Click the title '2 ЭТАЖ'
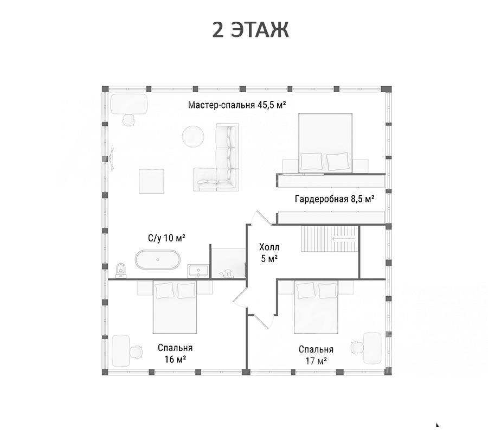tap(251, 30)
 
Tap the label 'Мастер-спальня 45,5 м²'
tap(237, 105)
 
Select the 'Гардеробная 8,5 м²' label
tap(335, 199)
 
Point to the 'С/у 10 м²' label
tap(167, 238)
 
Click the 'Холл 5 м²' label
tap(269, 253)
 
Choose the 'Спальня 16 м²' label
tap(175, 353)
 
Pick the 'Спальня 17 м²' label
tap(316, 355)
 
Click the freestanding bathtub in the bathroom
tap(157, 259)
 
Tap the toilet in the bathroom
tap(121, 271)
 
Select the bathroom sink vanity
tap(198, 271)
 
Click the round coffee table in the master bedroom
tap(193, 136)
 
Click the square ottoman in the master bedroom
tap(151, 181)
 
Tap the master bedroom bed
tap(325, 143)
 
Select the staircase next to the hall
tap(329, 239)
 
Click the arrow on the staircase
tap(344, 239)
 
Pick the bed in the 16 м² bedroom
tap(175, 307)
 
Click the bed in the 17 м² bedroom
tap(316, 307)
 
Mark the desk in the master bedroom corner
tap(129, 104)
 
